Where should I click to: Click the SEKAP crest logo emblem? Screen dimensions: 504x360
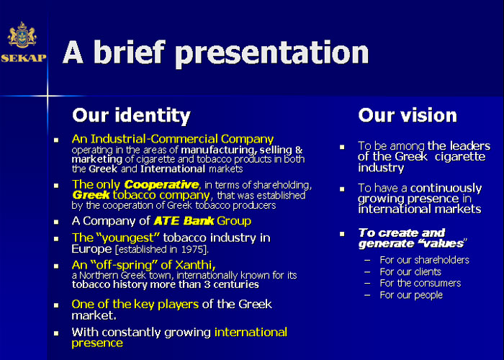(x=22, y=35)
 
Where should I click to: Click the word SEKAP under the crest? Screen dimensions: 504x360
(x=24, y=58)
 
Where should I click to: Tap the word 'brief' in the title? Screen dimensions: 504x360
(x=129, y=52)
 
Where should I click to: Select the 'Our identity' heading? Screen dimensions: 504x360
(x=131, y=115)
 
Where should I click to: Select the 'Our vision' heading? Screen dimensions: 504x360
(x=408, y=115)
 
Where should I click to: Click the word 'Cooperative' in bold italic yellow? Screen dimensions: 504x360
(x=161, y=185)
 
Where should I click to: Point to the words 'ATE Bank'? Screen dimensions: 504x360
(x=184, y=221)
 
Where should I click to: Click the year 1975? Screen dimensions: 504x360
(x=192, y=249)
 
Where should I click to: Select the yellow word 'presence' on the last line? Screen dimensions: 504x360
(x=97, y=343)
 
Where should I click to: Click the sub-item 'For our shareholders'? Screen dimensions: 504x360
(x=424, y=260)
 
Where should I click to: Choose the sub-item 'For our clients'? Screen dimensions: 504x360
(x=410, y=271)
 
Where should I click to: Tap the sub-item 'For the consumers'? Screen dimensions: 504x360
(x=420, y=283)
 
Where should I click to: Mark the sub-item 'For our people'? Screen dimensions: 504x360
(x=411, y=295)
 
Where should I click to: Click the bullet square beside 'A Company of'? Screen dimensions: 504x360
(x=56, y=222)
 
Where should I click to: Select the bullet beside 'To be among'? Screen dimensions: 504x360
(x=342, y=147)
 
